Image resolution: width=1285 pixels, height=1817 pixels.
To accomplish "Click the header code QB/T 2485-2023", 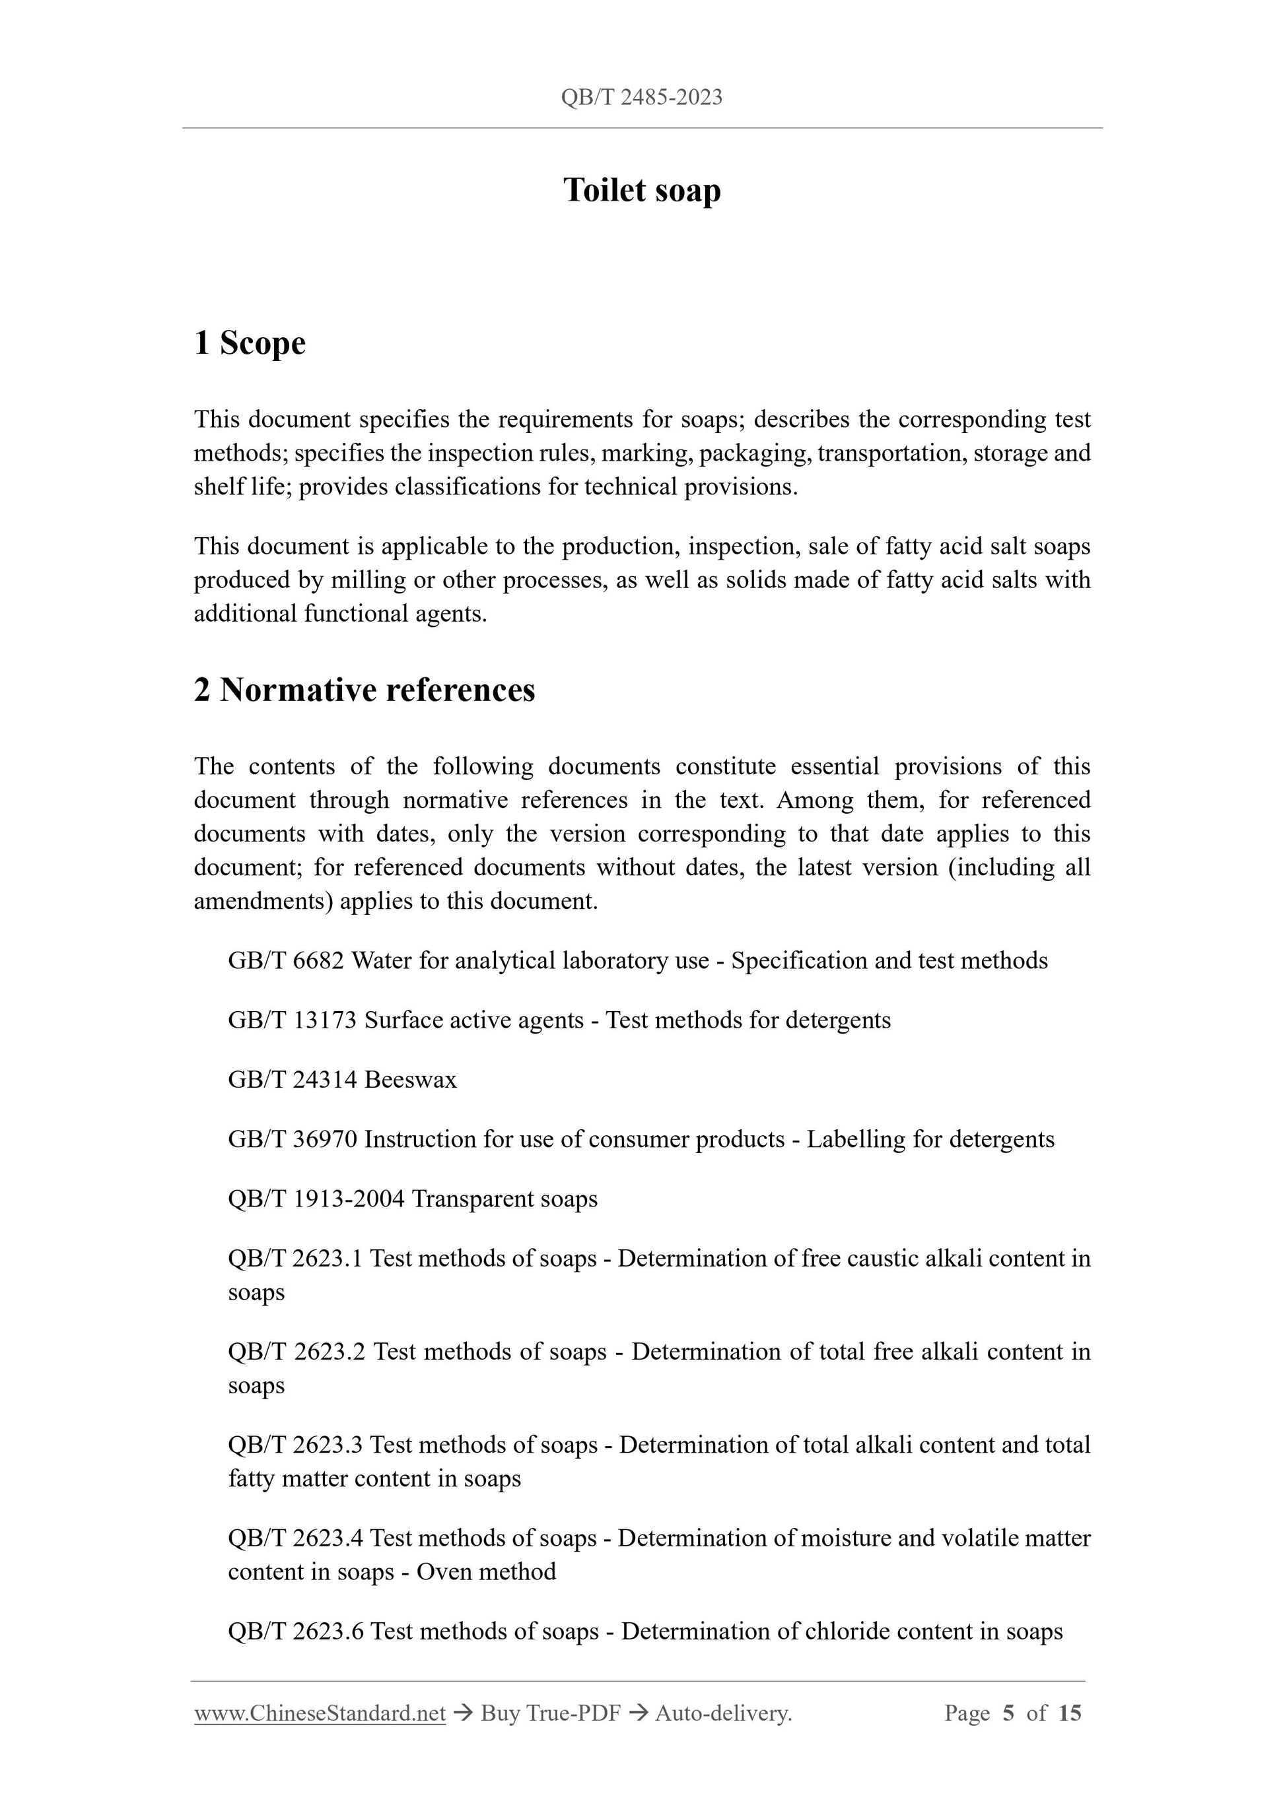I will click(641, 97).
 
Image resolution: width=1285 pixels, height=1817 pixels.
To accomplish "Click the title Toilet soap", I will click(641, 191).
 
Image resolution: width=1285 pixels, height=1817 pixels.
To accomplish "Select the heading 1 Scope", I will click(250, 343).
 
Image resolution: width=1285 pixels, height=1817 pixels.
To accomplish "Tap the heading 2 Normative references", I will click(365, 690).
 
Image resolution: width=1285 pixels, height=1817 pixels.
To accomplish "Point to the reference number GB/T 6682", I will click(286, 961).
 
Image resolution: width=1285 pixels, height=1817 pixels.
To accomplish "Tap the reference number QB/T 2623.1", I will click(295, 1258).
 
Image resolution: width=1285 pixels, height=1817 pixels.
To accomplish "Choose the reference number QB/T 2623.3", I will click(295, 1444).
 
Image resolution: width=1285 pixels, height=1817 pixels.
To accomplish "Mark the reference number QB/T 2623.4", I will click(295, 1538).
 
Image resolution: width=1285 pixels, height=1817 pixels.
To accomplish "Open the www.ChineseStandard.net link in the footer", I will click(320, 1713).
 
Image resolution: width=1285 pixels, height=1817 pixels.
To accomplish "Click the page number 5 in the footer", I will click(1008, 1713).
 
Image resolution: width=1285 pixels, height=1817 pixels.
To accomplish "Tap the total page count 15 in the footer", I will click(1069, 1713).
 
